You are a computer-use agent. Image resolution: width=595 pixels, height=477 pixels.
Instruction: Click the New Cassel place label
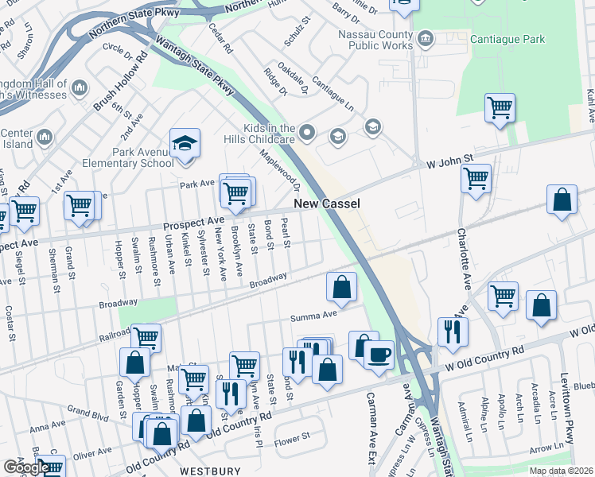tap(327, 204)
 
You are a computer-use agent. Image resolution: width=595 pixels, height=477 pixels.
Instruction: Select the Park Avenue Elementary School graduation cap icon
tap(185, 143)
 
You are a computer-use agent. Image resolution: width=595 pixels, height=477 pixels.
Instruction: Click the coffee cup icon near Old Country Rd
tap(379, 353)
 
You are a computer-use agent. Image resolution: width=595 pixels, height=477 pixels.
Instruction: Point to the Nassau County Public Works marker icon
tap(426, 37)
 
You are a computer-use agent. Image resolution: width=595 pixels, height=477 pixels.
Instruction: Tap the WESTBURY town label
tap(210, 471)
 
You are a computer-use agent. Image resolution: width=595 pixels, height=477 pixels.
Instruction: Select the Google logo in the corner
tap(24, 467)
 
